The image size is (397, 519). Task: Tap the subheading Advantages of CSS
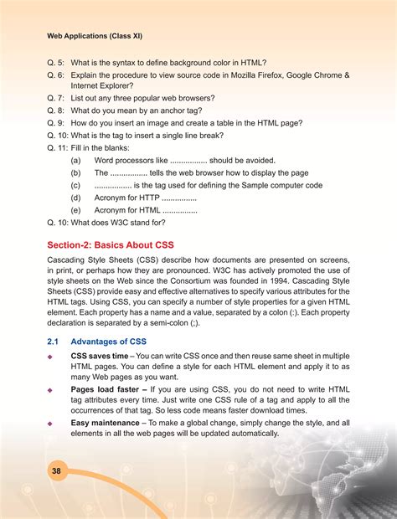109,342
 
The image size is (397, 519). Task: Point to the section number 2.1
53,342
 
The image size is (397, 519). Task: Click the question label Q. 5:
59,64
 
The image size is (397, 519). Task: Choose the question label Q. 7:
59,98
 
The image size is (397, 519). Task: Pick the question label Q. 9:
59,122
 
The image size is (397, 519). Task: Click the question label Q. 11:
61,146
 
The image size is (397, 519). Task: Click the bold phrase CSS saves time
100,356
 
